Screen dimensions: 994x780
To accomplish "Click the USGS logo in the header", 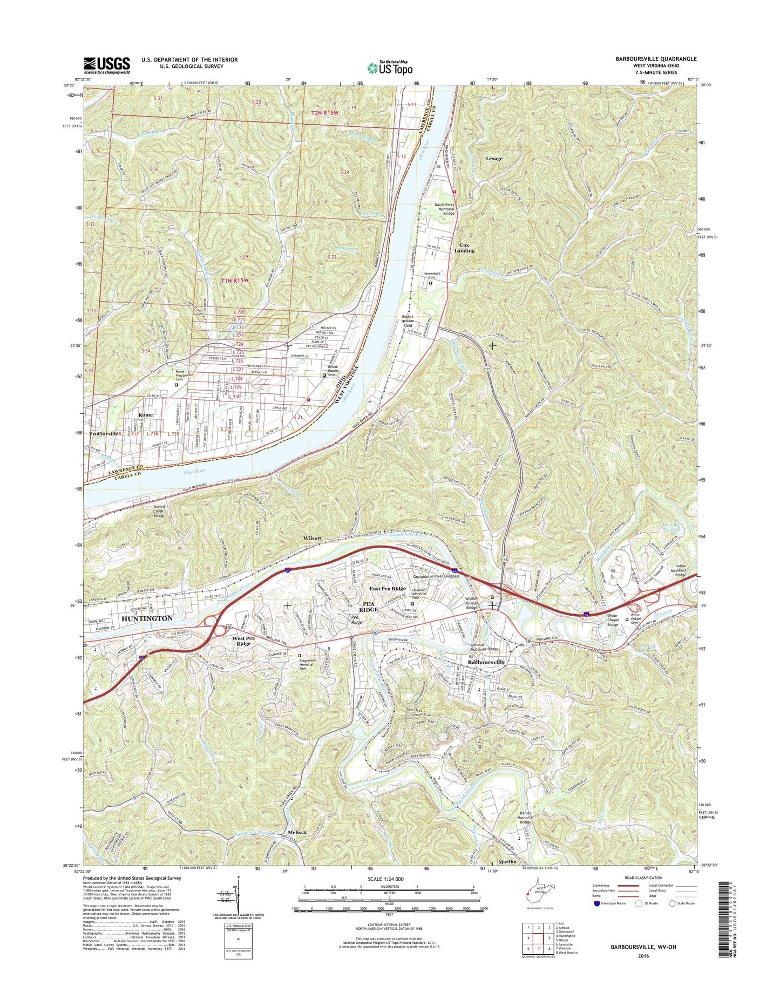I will click(x=106, y=65).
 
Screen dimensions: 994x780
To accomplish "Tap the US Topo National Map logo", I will click(x=390, y=67).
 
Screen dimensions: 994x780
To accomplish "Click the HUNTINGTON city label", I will click(x=147, y=618).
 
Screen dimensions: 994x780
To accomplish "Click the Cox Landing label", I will click(x=464, y=248).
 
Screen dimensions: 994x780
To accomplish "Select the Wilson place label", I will click(x=311, y=538).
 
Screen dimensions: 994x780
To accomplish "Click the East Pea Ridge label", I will click(x=387, y=588).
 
